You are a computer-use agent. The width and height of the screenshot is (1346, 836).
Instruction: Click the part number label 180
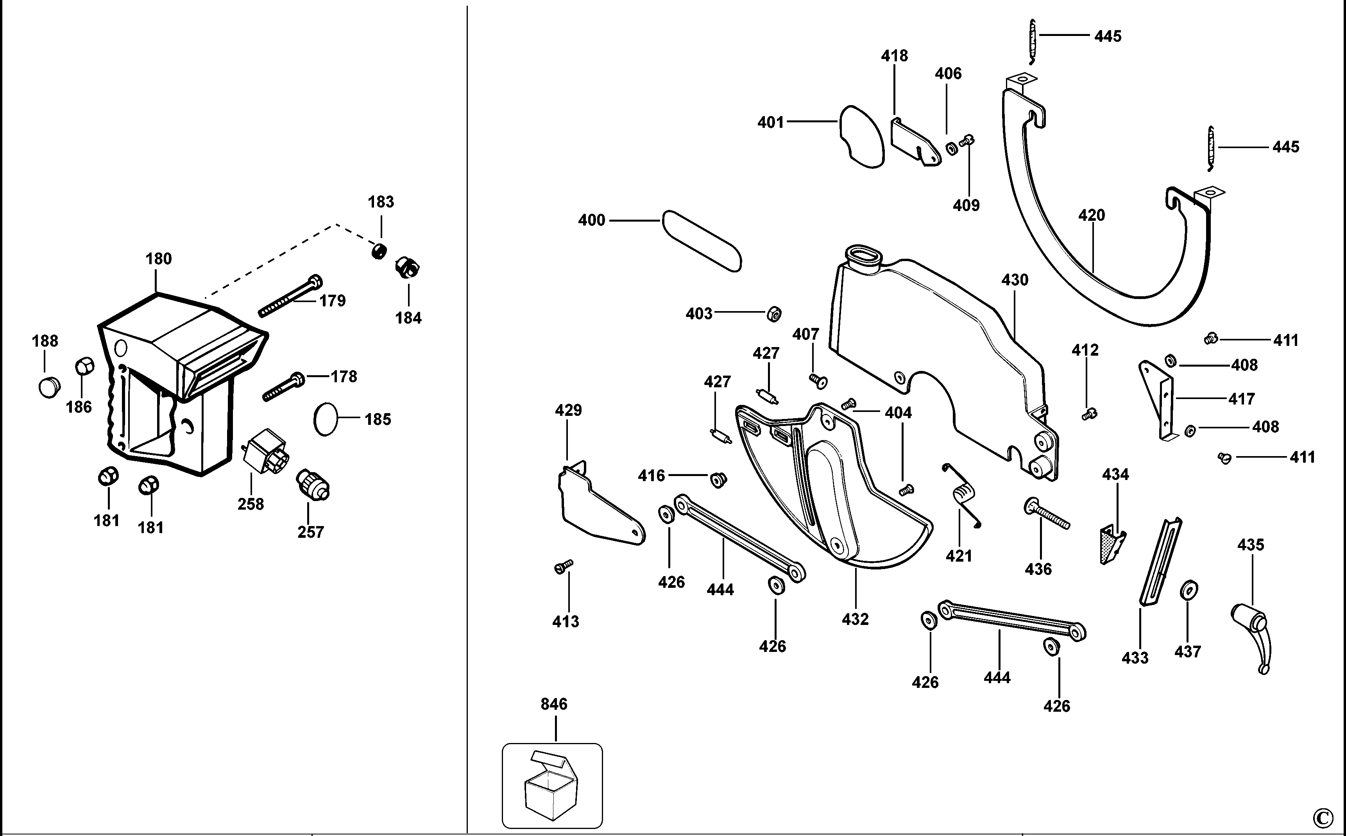(159, 259)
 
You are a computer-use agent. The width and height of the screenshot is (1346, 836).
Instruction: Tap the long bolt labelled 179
(290, 296)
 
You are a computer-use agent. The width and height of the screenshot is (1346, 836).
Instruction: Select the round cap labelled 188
(49, 387)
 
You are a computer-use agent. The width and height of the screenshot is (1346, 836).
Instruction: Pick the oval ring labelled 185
(325, 419)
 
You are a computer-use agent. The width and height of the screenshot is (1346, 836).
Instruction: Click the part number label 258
(251, 504)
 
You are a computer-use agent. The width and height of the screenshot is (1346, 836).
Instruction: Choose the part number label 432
(855, 619)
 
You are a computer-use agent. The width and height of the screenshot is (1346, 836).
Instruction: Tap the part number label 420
(1091, 215)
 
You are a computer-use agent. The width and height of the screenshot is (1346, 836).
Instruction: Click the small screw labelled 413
(563, 566)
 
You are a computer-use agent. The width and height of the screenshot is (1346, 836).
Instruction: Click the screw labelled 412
(1089, 414)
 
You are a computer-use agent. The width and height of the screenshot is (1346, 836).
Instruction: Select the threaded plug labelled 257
(313, 484)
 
